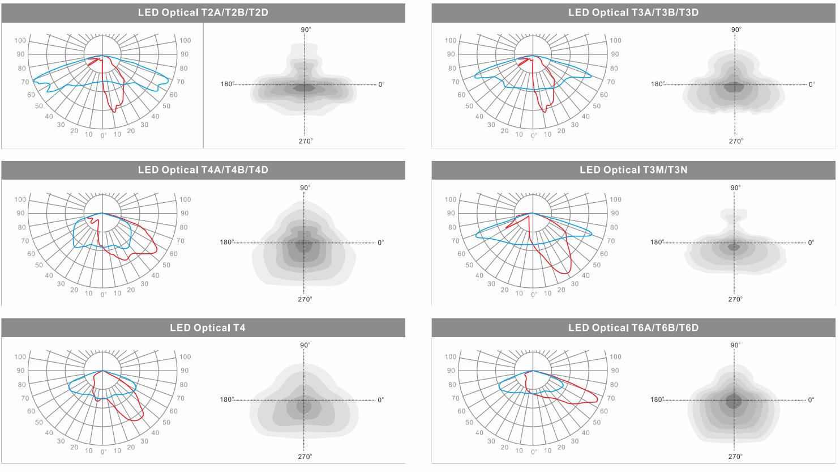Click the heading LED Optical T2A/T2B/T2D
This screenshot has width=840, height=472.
coord(203,13)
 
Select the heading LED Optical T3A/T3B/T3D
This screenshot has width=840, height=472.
coord(633,13)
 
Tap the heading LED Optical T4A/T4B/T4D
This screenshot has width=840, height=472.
coord(203,170)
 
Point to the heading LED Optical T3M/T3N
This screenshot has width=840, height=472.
coord(633,170)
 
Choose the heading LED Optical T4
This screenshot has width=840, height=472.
coord(207,328)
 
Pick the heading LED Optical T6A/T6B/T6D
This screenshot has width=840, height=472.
coord(633,328)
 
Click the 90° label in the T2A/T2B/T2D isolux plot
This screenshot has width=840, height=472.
coord(306,29)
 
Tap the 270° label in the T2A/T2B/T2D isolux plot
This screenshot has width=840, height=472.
coord(306,141)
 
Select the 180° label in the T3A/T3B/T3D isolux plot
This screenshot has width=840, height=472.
coord(658,84)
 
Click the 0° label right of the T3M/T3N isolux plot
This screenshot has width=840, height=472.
coord(811,243)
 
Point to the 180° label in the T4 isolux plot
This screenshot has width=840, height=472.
coord(227,399)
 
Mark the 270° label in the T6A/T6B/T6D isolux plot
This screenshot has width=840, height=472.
coord(735,457)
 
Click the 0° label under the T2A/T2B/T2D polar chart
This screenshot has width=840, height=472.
coord(104,135)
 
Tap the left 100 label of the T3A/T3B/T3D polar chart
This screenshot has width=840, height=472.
coord(451,41)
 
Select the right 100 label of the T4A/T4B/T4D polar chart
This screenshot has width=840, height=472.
coord(185,199)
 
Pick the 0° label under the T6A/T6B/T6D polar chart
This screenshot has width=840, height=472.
coord(534,452)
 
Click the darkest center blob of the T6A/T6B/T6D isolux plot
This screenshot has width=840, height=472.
coord(734,401)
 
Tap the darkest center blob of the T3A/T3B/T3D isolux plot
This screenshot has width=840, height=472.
coord(734,87)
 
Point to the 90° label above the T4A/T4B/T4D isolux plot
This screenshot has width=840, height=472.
coord(305,188)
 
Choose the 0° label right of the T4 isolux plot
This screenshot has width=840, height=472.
coord(380,400)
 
